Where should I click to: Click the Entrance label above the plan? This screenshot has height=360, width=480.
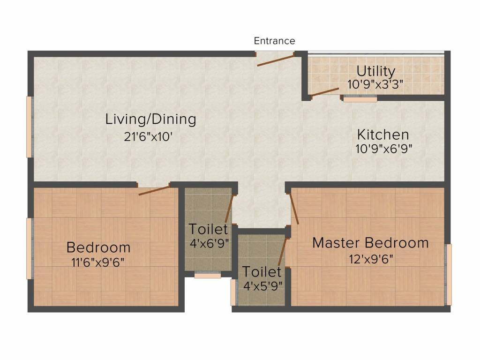274,41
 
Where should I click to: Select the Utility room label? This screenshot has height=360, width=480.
375,71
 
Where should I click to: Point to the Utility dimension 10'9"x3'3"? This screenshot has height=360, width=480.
375,84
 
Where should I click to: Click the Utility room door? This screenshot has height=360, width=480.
325,92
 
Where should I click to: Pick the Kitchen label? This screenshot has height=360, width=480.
383,135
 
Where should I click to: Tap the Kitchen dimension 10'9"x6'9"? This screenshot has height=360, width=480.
383,149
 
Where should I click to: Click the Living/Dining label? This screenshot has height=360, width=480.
150,119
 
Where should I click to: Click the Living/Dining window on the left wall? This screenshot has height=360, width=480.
30,127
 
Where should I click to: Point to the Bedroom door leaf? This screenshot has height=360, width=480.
154,190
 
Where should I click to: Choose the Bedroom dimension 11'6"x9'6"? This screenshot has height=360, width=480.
98,262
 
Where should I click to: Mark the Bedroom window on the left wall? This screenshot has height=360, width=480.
30,248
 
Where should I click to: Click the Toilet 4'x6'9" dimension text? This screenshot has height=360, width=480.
210,243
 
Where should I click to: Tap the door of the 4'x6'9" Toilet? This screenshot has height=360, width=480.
229,209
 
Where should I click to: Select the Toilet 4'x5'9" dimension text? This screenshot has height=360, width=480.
262,286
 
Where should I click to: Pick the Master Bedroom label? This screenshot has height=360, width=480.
370,243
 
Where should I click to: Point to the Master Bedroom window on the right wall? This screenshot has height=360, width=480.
449,275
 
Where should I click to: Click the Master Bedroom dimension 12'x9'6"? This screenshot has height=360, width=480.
371,259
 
